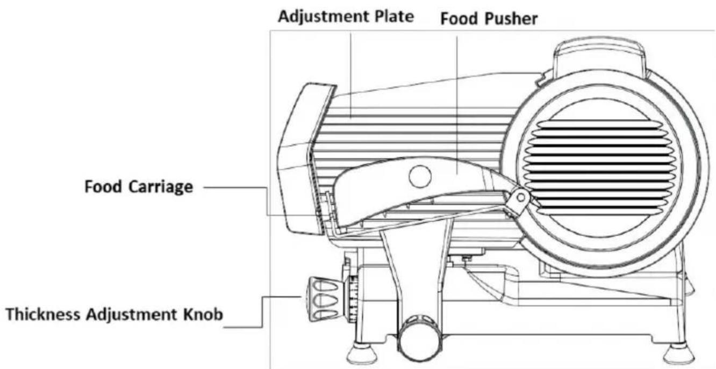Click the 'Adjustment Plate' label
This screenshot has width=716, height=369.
[x=346, y=17]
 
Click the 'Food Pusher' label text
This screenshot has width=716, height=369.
[x=489, y=19]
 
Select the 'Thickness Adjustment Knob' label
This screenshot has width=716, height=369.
[x=114, y=314]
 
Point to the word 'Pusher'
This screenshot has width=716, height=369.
[x=516, y=19]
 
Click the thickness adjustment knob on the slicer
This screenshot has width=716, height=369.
[x=320, y=299]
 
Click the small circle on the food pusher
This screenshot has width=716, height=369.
[x=419, y=177]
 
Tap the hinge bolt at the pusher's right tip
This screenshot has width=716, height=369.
[x=519, y=198]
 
